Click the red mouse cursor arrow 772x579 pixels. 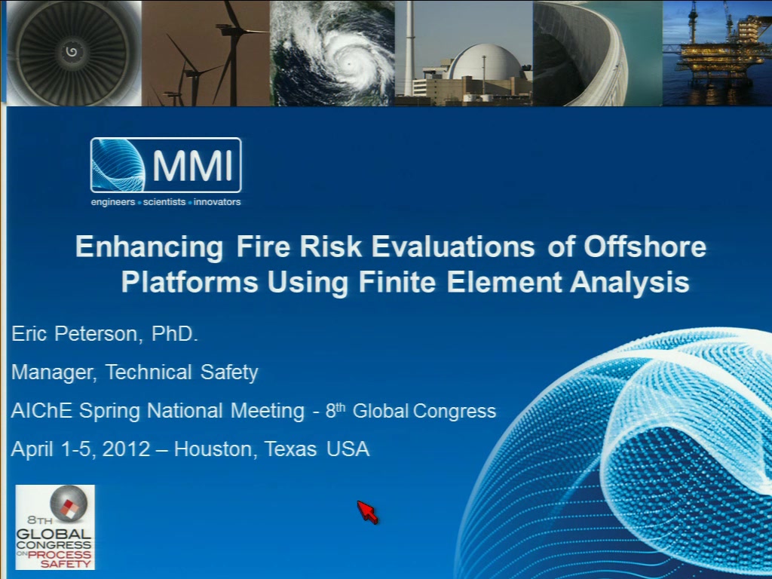[x=367, y=512]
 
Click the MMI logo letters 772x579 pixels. [x=192, y=166]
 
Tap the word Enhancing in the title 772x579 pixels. [x=149, y=247]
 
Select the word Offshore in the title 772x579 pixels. [x=645, y=247]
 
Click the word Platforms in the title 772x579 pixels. [x=189, y=282]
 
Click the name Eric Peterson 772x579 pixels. [x=75, y=334]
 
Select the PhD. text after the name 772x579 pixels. [x=174, y=333]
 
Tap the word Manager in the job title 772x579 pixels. [x=54, y=372]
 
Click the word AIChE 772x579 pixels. [x=42, y=411]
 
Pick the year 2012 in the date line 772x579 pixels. [x=126, y=449]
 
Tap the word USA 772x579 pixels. [x=348, y=449]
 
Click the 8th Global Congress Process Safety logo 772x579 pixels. [x=55, y=527]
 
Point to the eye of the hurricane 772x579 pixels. [x=348, y=65]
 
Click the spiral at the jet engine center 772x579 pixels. [x=72, y=51]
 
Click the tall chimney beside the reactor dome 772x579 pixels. [x=409, y=48]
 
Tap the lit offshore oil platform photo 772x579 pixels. [x=718, y=54]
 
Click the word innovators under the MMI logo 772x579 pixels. [x=217, y=202]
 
